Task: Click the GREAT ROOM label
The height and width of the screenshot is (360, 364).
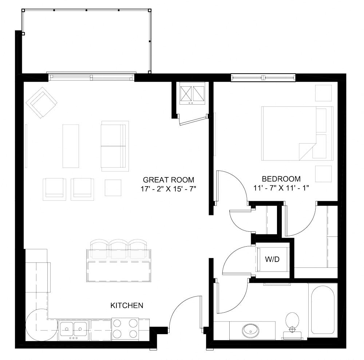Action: (x=168, y=180)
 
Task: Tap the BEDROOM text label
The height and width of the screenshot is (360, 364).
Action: (x=281, y=179)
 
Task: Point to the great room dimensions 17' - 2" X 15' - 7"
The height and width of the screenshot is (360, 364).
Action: (x=168, y=189)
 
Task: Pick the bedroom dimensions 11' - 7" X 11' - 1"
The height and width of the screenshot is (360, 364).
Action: (x=281, y=188)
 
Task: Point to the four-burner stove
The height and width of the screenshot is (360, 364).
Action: (x=125, y=329)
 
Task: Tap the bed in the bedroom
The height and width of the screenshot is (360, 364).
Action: (x=297, y=133)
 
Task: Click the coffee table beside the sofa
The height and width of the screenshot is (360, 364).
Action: (x=71, y=146)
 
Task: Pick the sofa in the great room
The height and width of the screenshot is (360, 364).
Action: (x=114, y=146)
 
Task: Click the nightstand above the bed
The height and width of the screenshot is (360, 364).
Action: (x=323, y=93)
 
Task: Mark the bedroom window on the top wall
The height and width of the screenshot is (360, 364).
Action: (x=263, y=77)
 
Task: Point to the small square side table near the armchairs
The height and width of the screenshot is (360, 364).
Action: (x=113, y=188)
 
